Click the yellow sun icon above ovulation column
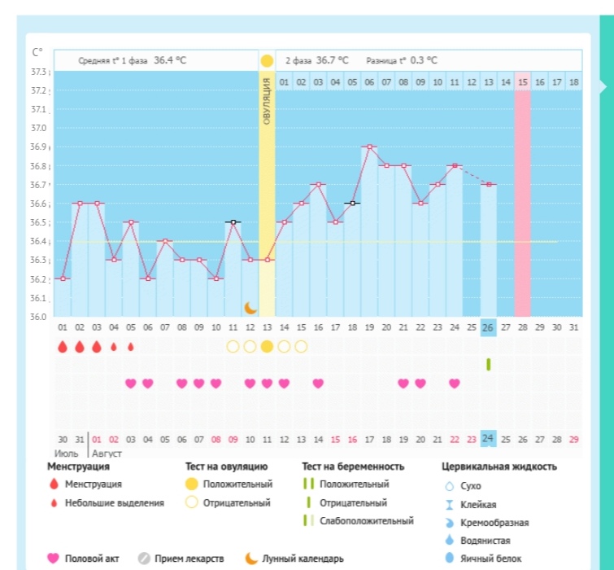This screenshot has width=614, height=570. click(x=267, y=61)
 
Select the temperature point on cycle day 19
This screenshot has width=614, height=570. click(x=369, y=147)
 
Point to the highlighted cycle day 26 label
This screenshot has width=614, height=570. click(x=488, y=328)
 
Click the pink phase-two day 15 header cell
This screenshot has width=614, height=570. click(x=523, y=81)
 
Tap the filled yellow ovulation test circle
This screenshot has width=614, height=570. click(x=267, y=346)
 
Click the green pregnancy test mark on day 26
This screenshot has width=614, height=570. click(x=488, y=364)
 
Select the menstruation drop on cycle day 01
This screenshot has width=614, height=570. click(x=63, y=346)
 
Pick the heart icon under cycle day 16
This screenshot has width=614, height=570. click(x=319, y=384)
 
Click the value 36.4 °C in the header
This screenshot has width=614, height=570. click(x=169, y=60)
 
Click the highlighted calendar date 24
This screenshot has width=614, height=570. click(x=488, y=439)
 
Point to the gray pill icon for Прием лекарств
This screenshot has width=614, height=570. click(x=143, y=559)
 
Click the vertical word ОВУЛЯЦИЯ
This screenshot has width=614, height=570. click(x=267, y=102)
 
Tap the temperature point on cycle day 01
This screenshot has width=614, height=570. click(x=63, y=278)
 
